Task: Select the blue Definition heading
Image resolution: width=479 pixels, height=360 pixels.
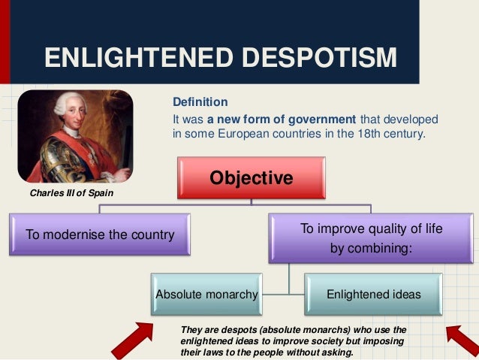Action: [200, 102]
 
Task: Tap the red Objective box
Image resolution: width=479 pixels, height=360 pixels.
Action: [251, 179]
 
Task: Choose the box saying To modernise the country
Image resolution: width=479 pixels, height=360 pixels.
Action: [101, 234]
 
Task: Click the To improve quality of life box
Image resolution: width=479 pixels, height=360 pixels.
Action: [372, 237]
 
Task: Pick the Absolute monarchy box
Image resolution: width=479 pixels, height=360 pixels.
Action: [206, 295]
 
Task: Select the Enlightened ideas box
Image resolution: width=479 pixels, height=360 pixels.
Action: [374, 295]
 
